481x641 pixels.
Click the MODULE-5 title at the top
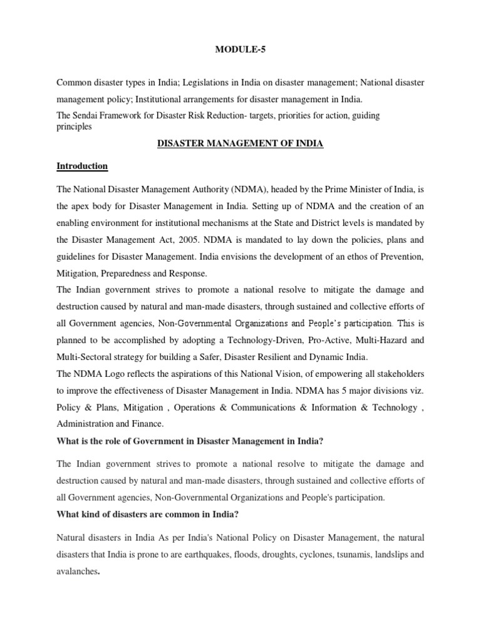240,48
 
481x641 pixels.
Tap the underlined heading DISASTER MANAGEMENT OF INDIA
239,143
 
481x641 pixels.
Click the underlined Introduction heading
82,166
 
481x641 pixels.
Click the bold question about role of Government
189,441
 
